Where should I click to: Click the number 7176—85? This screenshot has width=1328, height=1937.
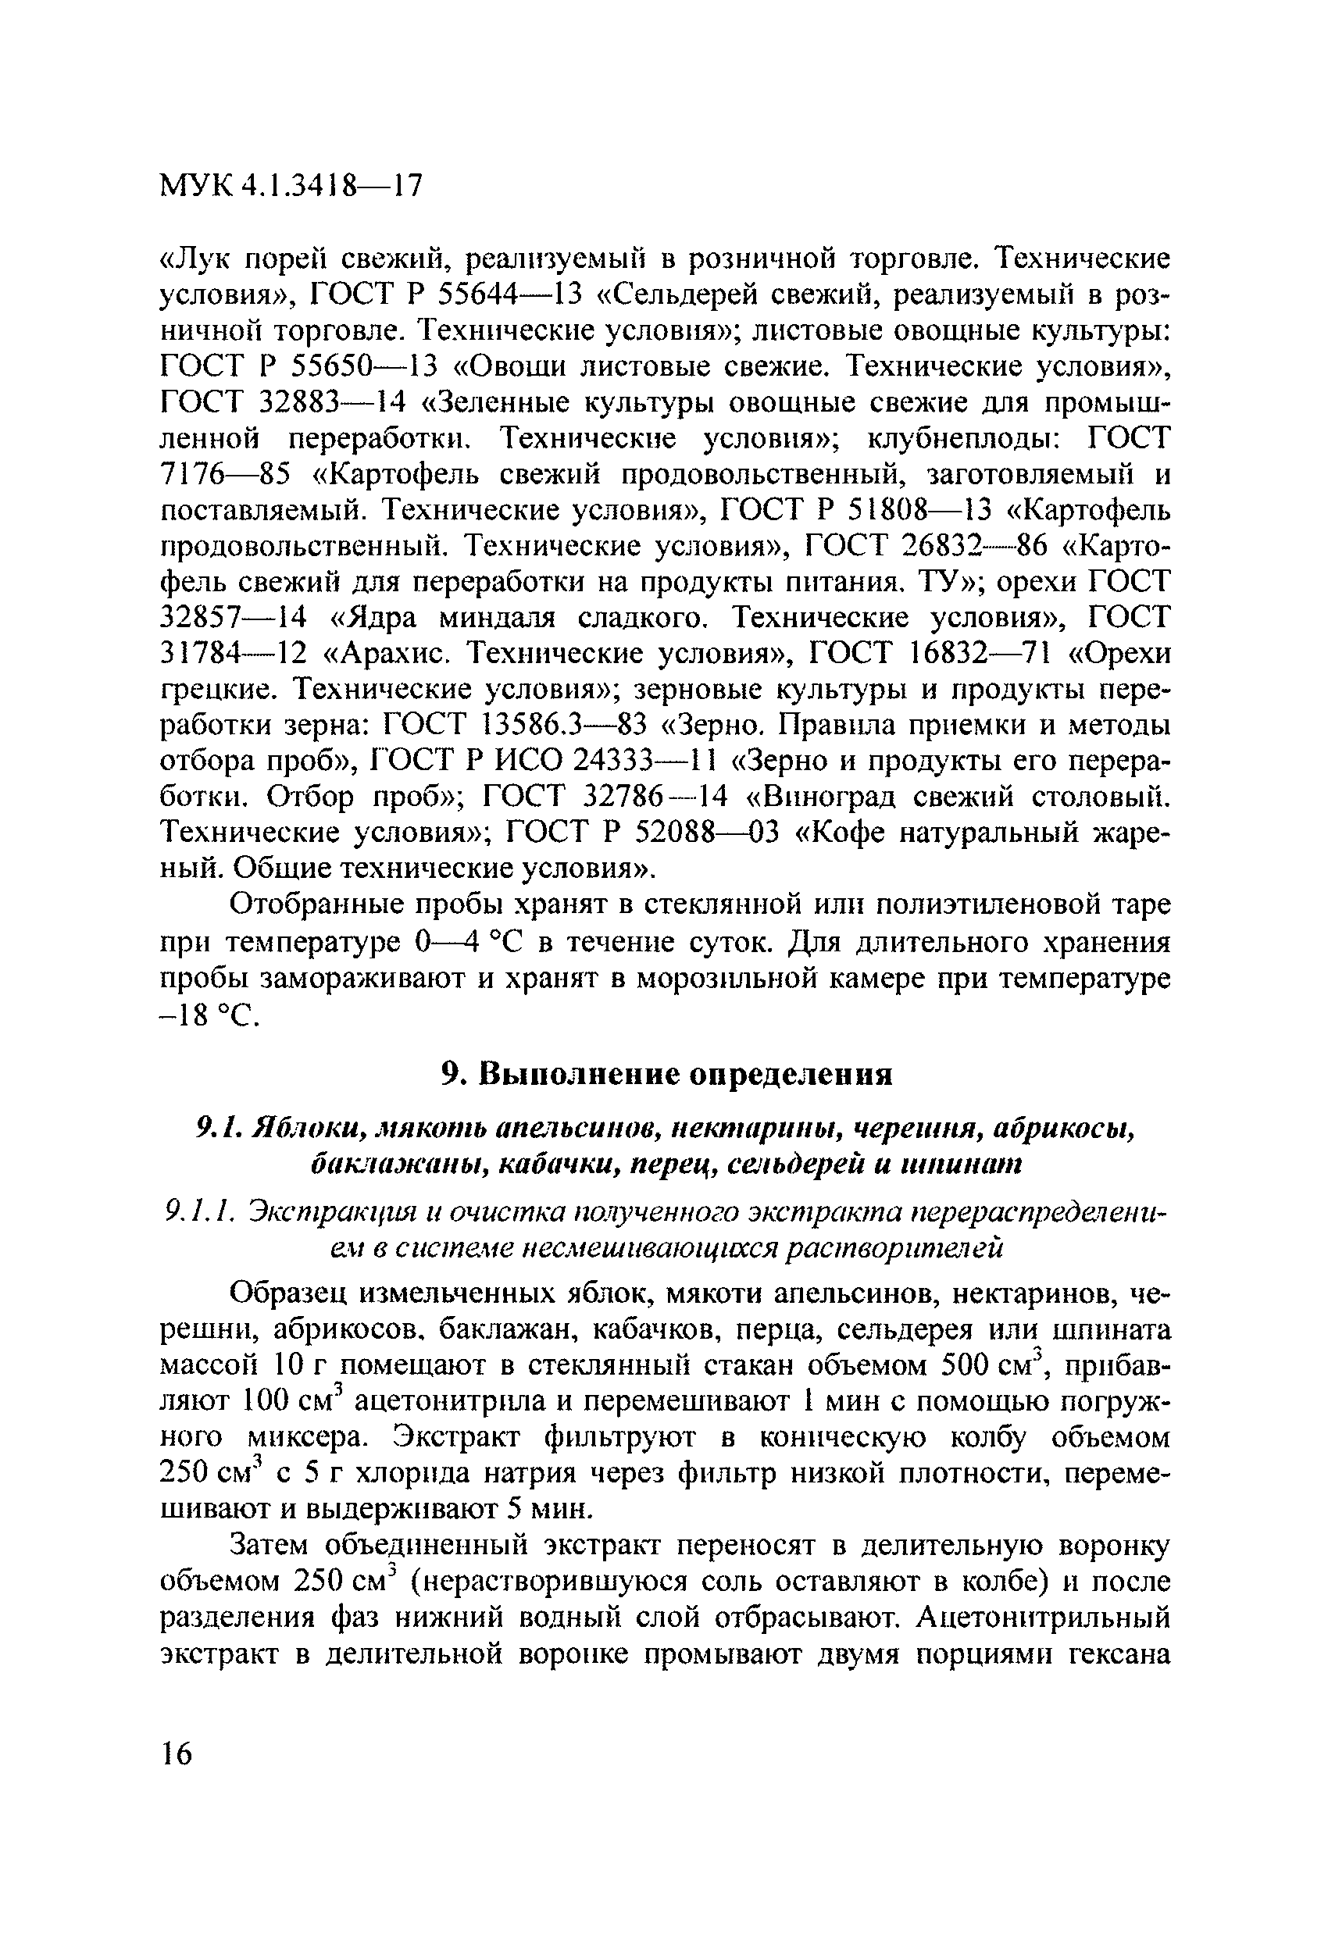(x=224, y=475)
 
